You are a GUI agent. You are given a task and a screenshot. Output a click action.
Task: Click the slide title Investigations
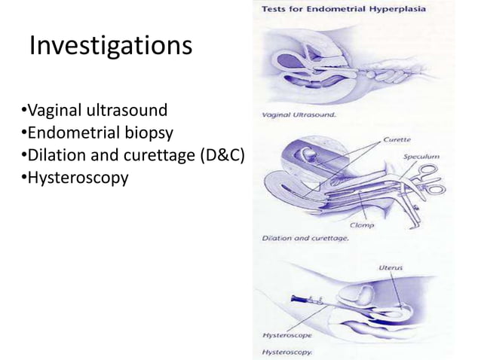(x=110, y=47)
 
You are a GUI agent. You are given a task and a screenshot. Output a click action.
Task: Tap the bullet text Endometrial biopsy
(x=98, y=133)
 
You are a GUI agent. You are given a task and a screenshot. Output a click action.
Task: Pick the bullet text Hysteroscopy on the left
(x=75, y=178)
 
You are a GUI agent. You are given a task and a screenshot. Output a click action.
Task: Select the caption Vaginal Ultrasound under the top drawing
(x=299, y=115)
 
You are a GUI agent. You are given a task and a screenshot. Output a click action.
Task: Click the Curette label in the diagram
(x=397, y=139)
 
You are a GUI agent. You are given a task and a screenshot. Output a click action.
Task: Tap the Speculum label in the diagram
(x=422, y=156)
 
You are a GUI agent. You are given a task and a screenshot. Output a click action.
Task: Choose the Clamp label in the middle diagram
(x=362, y=224)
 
